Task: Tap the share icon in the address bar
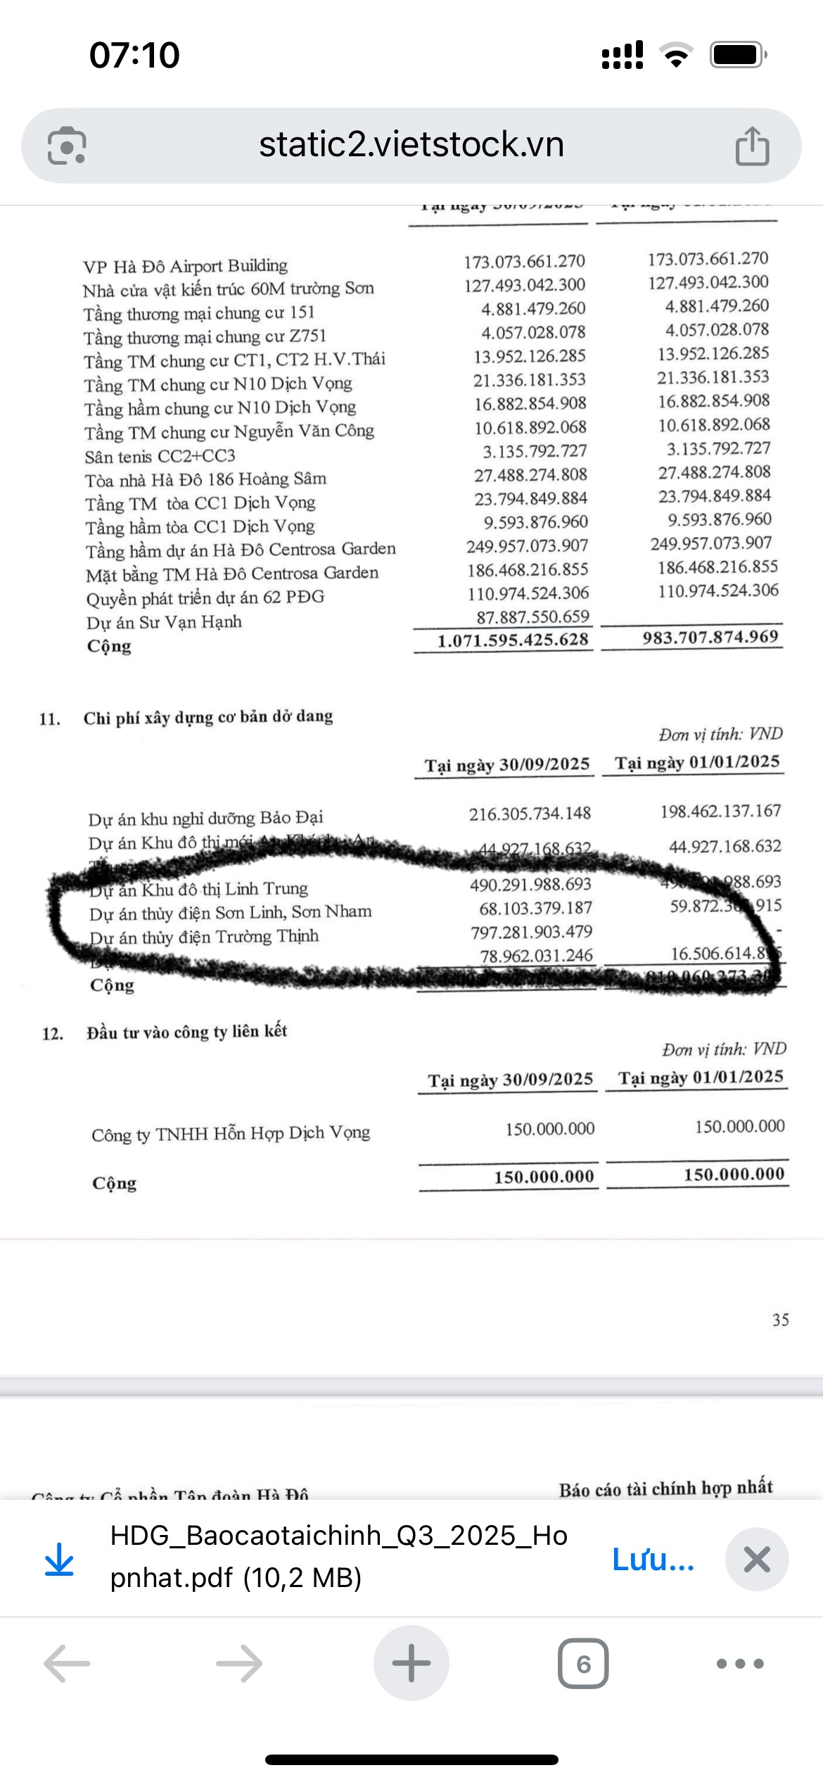click(x=752, y=146)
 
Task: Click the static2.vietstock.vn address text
click(x=412, y=145)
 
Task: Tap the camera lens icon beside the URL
click(x=67, y=146)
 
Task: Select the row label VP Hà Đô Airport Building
click(x=185, y=266)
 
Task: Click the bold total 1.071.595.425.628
click(x=512, y=640)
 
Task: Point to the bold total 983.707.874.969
click(x=710, y=637)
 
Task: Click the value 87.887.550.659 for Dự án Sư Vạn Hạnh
click(x=532, y=617)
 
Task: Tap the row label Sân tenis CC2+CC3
click(x=160, y=456)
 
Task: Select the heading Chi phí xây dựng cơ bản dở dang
click(x=208, y=716)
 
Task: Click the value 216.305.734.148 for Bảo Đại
click(x=530, y=814)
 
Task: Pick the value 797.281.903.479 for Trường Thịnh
click(x=531, y=932)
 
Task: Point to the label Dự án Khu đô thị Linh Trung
click(x=199, y=889)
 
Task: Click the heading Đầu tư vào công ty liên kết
click(x=186, y=1032)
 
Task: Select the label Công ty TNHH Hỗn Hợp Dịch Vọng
click(x=231, y=1133)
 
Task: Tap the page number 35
click(x=780, y=1320)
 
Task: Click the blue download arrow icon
click(x=59, y=1559)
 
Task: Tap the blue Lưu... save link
click(x=653, y=1559)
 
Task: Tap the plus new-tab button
click(x=411, y=1663)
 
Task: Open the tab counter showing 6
click(x=583, y=1664)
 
